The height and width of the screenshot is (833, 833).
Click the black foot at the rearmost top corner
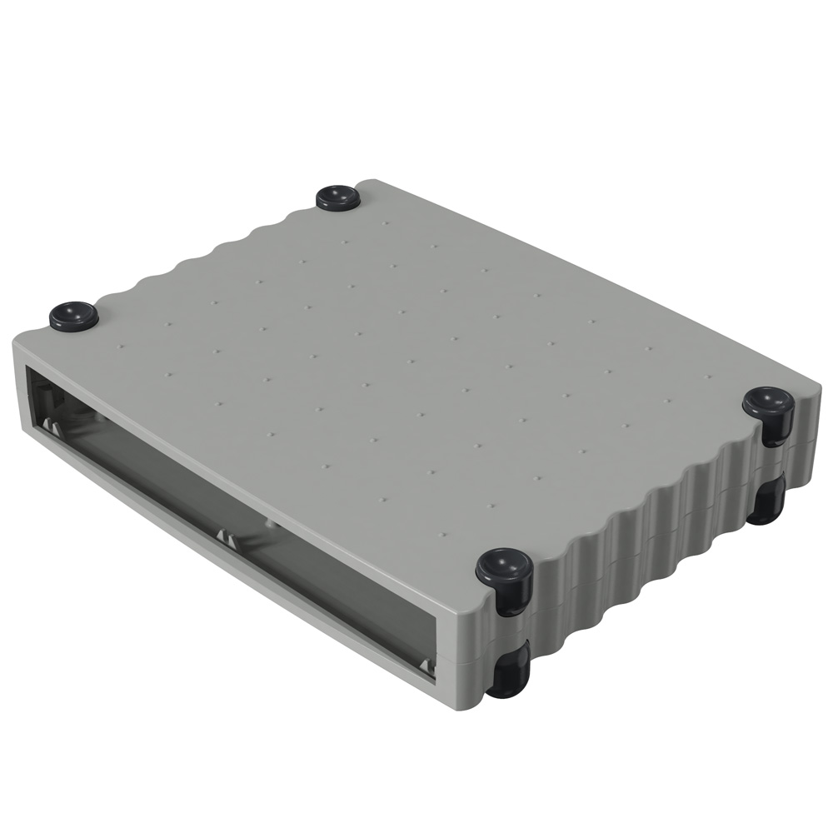[x=338, y=197]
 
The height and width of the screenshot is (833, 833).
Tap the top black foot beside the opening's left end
[x=73, y=316]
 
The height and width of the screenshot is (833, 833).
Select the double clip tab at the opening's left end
[x=51, y=426]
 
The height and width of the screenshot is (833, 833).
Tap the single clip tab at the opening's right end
[x=427, y=666]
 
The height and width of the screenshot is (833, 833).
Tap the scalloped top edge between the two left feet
[x=208, y=250]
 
